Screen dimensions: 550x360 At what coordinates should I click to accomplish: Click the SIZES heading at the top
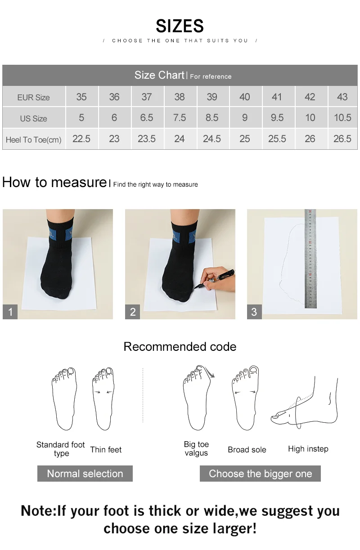[x=180, y=26]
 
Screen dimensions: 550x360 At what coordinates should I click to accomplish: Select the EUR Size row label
[x=33, y=97]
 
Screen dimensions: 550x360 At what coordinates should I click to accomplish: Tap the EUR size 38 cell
[x=180, y=97]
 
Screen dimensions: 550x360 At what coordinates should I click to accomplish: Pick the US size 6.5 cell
[x=147, y=118]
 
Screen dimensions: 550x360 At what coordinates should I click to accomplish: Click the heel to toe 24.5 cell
[x=212, y=139]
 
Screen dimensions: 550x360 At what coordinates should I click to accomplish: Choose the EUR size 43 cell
[x=342, y=97]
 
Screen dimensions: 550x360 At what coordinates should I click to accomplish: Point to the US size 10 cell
[x=310, y=118]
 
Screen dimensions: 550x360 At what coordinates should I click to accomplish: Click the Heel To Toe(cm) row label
[x=33, y=140]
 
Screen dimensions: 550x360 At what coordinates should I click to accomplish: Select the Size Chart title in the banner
[x=159, y=75]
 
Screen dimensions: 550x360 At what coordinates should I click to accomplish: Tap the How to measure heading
[x=54, y=182]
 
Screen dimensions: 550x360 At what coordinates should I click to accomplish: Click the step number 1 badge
[x=10, y=312]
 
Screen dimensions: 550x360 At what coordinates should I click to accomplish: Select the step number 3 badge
[x=254, y=312]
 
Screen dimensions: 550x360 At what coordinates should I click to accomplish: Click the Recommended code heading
[x=180, y=347]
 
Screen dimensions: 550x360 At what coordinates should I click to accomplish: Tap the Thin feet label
[x=106, y=450]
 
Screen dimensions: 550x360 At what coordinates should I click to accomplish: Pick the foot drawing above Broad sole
[x=246, y=398]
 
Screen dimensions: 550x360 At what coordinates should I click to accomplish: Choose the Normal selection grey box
[x=85, y=474]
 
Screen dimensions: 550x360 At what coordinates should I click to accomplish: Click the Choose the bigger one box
[x=260, y=474]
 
